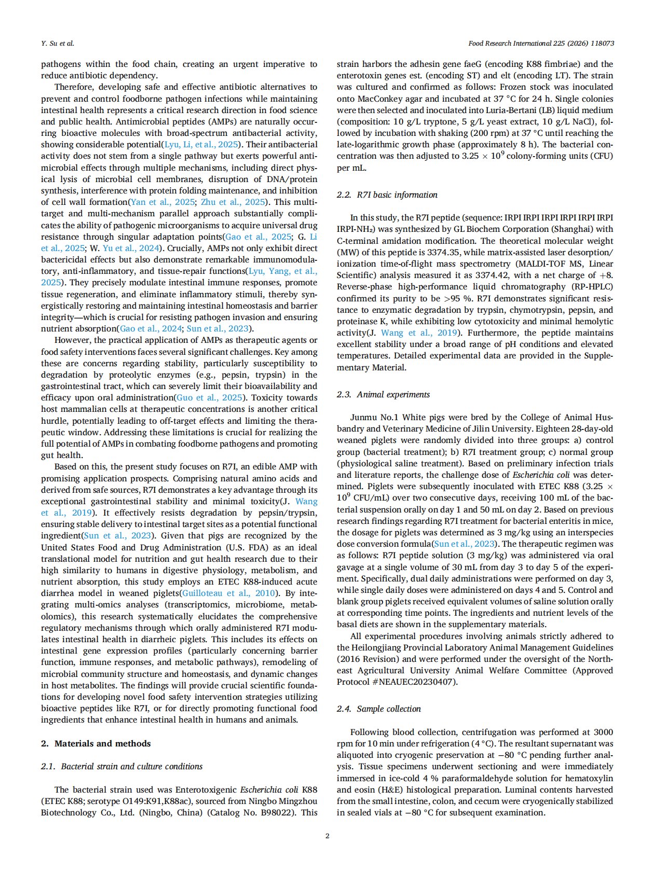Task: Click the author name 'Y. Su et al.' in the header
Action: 57,44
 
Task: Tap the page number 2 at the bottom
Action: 327,836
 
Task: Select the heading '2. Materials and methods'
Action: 95,743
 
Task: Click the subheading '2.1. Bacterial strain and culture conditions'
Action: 121,766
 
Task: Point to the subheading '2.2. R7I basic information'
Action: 387,195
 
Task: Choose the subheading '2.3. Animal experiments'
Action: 383,394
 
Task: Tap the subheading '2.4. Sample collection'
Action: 378,709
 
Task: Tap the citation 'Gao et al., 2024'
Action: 151,328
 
